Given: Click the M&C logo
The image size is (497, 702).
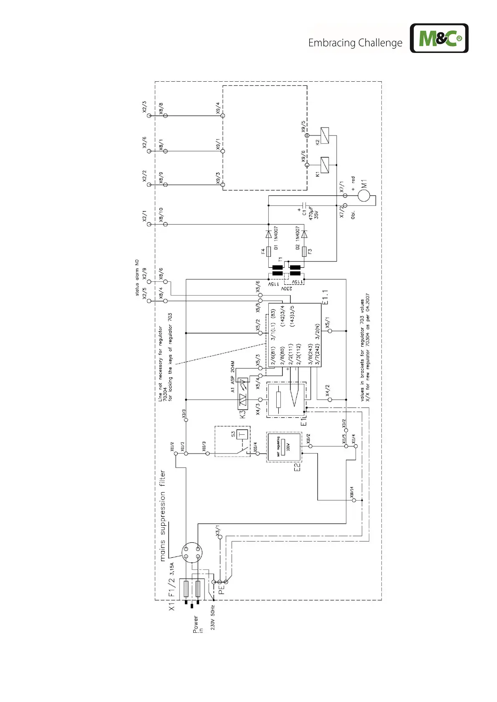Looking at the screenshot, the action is (x=439, y=38).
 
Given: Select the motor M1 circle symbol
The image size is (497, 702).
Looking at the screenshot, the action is (x=363, y=195).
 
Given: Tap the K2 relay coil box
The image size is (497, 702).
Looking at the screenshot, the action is (x=324, y=135).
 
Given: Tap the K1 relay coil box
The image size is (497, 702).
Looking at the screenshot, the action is (x=324, y=165).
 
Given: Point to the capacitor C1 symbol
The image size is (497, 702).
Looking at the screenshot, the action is (x=305, y=205).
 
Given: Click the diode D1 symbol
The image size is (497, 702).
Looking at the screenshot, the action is (x=269, y=234).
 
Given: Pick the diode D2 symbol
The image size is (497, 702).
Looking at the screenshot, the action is (x=304, y=234).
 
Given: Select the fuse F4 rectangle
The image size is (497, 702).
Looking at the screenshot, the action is (x=269, y=251).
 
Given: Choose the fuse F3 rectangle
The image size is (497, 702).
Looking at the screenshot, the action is (x=304, y=251).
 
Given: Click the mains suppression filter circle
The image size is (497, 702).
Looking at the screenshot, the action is (x=192, y=552).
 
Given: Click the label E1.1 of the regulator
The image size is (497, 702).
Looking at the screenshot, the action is (x=325, y=297).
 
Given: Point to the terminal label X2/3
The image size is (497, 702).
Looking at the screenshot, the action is (x=144, y=107).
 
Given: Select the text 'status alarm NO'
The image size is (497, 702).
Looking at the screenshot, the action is (x=137, y=278).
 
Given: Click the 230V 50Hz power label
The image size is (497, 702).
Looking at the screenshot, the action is (x=213, y=617).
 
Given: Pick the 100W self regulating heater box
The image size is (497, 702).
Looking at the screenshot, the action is (x=284, y=447).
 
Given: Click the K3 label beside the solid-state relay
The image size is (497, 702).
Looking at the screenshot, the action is (x=242, y=414).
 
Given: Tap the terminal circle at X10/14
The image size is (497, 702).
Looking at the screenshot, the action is (x=354, y=500).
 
